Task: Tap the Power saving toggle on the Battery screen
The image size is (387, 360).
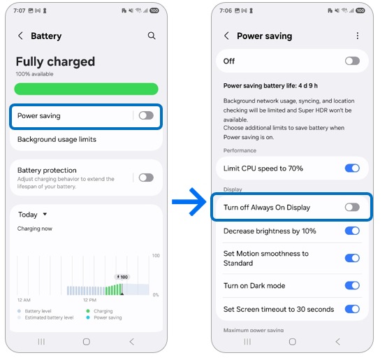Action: coord(145,115)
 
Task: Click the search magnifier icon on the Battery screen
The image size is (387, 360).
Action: coord(152,36)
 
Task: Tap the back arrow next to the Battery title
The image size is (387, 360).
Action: coord(20,36)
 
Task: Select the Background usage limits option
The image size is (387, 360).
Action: coord(57,139)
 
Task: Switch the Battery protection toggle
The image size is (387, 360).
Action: coord(145,178)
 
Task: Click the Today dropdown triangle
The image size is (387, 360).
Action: coord(45,215)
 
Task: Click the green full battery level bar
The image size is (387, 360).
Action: coord(86,89)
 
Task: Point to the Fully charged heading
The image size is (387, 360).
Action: coord(55,62)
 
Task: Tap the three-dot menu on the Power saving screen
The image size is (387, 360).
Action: coord(358,36)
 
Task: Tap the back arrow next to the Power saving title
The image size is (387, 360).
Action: coord(226,36)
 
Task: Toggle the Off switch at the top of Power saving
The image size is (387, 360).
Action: coord(352,61)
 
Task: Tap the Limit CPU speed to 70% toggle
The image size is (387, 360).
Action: coord(352,168)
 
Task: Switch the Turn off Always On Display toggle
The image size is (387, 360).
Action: coord(352,207)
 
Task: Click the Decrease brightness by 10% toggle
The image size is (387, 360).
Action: coord(352,231)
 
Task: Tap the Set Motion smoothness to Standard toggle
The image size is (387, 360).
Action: coord(352,258)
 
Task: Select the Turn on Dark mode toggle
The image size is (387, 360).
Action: coord(352,285)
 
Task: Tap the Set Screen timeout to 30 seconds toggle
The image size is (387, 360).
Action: coord(352,309)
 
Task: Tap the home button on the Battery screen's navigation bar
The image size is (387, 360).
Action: coord(86,342)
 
